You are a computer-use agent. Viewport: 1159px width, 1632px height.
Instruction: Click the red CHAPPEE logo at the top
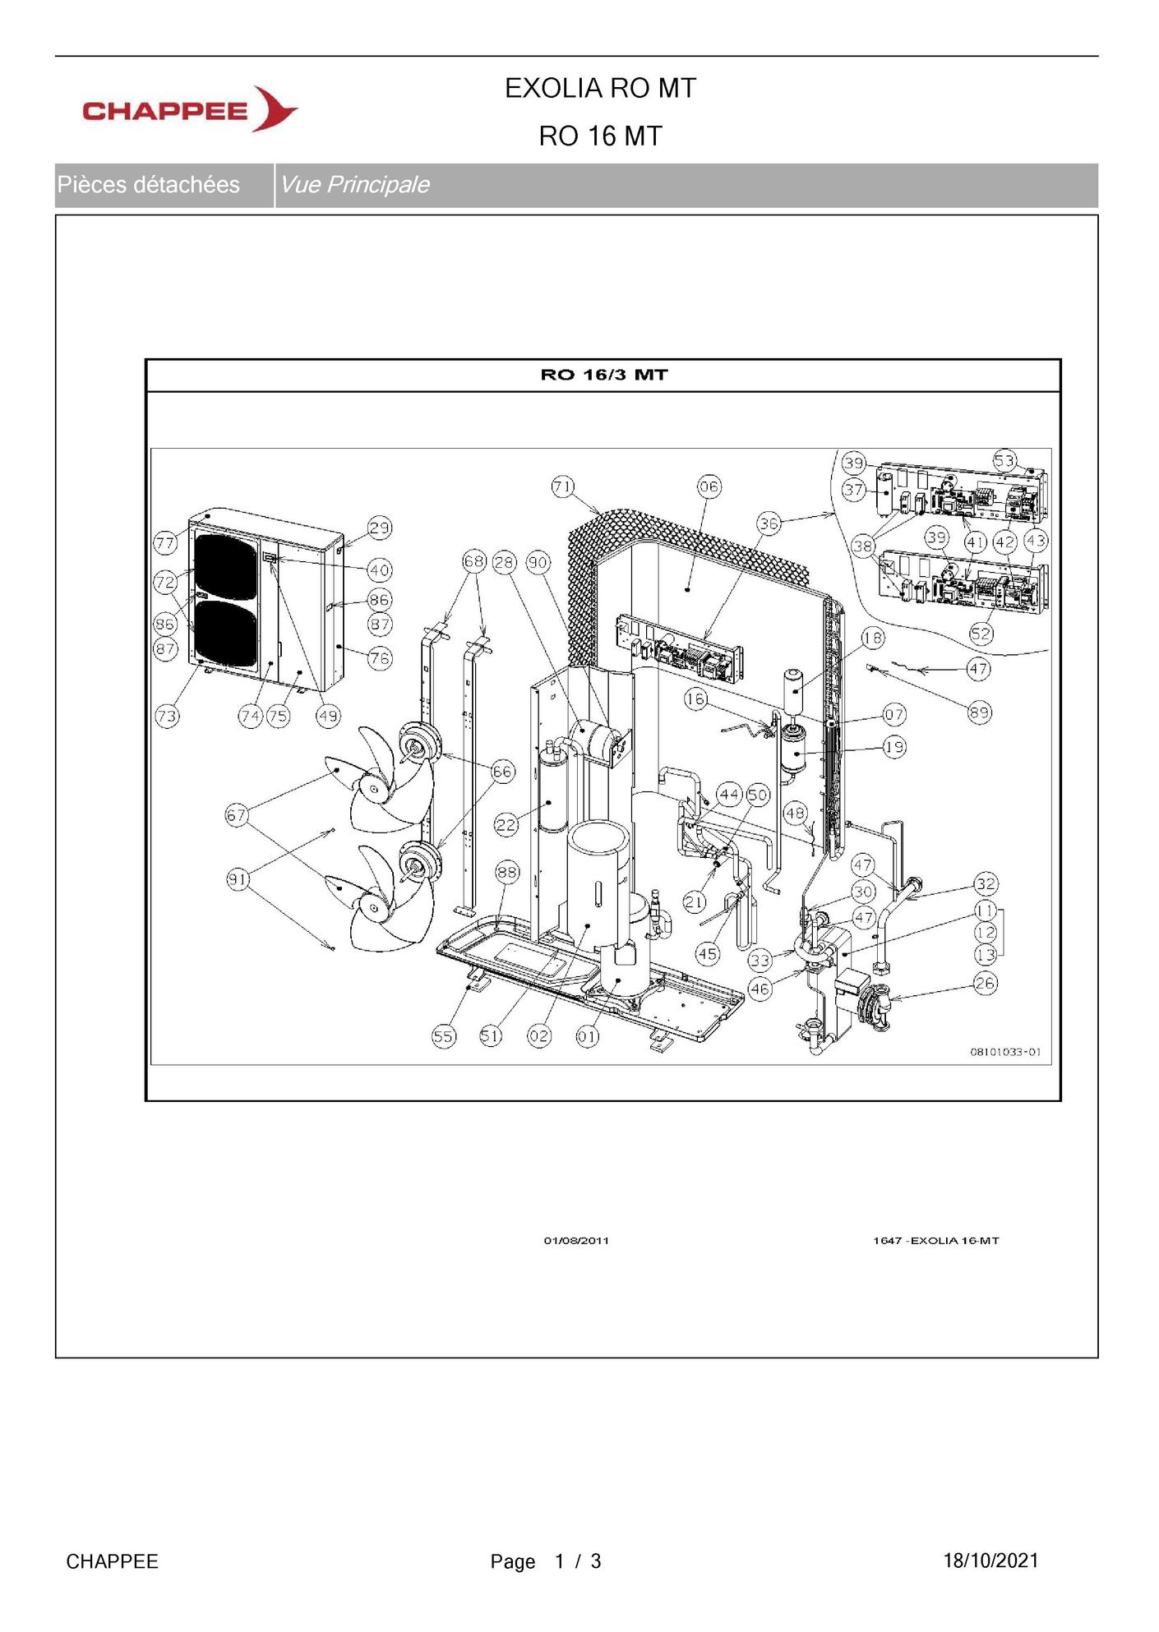click(x=190, y=109)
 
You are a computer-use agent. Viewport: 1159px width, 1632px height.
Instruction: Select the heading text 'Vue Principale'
click(x=354, y=185)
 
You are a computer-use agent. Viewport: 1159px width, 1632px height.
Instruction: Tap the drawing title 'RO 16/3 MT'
click(x=604, y=375)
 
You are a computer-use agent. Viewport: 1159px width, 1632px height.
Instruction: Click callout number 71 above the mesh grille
click(x=563, y=486)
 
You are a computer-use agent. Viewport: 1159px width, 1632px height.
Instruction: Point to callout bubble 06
click(x=709, y=486)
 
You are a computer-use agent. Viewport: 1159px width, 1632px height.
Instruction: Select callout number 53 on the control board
click(x=1005, y=460)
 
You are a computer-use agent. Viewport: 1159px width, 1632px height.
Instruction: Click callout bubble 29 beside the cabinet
click(x=379, y=528)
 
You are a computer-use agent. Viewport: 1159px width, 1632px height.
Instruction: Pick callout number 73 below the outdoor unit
click(x=167, y=716)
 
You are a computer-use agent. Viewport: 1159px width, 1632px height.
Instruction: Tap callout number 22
click(x=506, y=824)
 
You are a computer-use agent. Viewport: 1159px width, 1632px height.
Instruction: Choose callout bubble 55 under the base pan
click(x=444, y=1035)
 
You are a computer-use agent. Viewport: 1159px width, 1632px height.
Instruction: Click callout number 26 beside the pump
click(x=986, y=983)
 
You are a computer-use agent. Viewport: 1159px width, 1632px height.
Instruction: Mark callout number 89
click(x=979, y=712)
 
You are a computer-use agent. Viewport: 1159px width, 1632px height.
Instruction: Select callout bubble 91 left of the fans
click(x=238, y=879)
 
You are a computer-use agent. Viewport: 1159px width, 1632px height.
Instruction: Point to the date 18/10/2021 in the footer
click(x=990, y=1561)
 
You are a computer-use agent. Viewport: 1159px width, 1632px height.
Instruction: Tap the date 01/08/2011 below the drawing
click(x=576, y=1240)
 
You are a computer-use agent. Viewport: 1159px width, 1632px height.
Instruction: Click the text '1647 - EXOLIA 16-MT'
click(x=935, y=1240)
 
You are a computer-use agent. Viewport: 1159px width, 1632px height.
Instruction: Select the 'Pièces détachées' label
click(x=149, y=185)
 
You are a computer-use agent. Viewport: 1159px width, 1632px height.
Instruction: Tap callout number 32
click(x=986, y=884)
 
